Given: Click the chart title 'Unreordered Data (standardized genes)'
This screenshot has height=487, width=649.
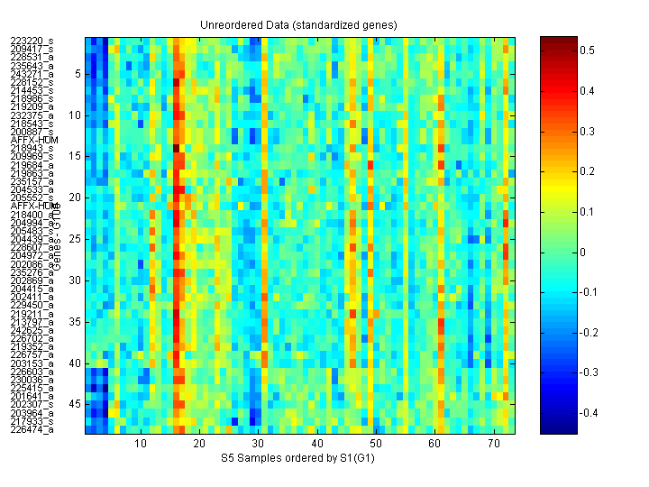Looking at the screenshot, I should pos(300,23).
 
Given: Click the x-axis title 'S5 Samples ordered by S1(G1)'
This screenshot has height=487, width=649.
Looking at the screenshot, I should pos(300,459).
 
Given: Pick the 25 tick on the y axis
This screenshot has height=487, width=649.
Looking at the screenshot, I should pos(76,239).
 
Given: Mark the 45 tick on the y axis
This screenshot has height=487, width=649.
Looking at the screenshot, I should pos(76,404).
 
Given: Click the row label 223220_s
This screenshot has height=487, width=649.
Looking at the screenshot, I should pos(32,41).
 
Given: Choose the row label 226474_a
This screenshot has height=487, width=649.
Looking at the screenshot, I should pos(32,429).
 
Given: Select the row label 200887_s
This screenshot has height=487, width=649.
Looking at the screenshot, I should pos(32,132).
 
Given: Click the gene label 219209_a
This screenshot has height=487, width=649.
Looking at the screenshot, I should pos(32,106).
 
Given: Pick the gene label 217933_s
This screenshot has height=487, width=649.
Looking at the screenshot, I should pos(32,421).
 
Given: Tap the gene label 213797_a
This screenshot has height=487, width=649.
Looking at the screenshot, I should pos(32,322).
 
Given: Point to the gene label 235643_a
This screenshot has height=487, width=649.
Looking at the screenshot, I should pos(32,66).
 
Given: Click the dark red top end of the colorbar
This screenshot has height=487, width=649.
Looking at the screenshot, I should pos(558,41).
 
